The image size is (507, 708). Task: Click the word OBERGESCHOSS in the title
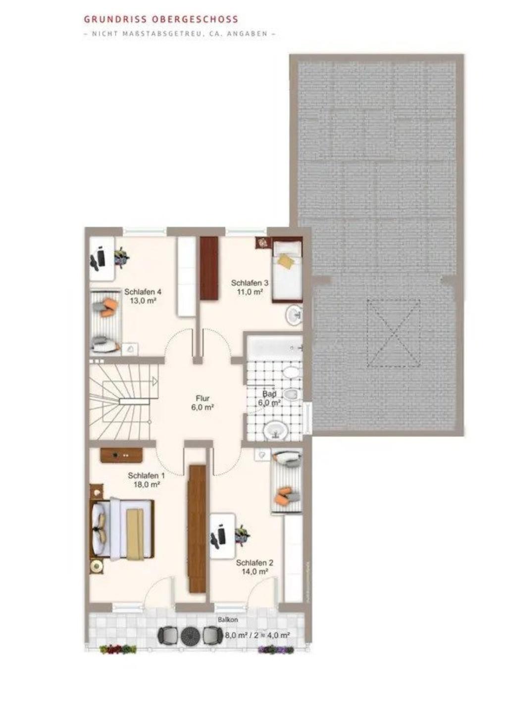tap(195, 19)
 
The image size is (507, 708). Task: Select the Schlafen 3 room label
tap(250, 283)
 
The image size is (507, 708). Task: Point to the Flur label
tap(203, 399)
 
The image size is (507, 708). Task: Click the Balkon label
tap(228, 620)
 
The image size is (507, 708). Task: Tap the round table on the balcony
tap(191, 634)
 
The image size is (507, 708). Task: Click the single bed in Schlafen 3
tap(287, 272)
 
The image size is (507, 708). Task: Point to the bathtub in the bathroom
tap(274, 347)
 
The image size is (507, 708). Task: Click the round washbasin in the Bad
tap(275, 430)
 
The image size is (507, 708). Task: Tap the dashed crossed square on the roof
tap(394, 333)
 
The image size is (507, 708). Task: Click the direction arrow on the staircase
tap(154, 381)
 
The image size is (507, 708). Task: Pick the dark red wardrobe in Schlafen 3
tap(209, 268)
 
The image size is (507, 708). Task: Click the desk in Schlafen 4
tap(102, 258)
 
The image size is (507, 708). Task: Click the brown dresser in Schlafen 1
tap(121, 455)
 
